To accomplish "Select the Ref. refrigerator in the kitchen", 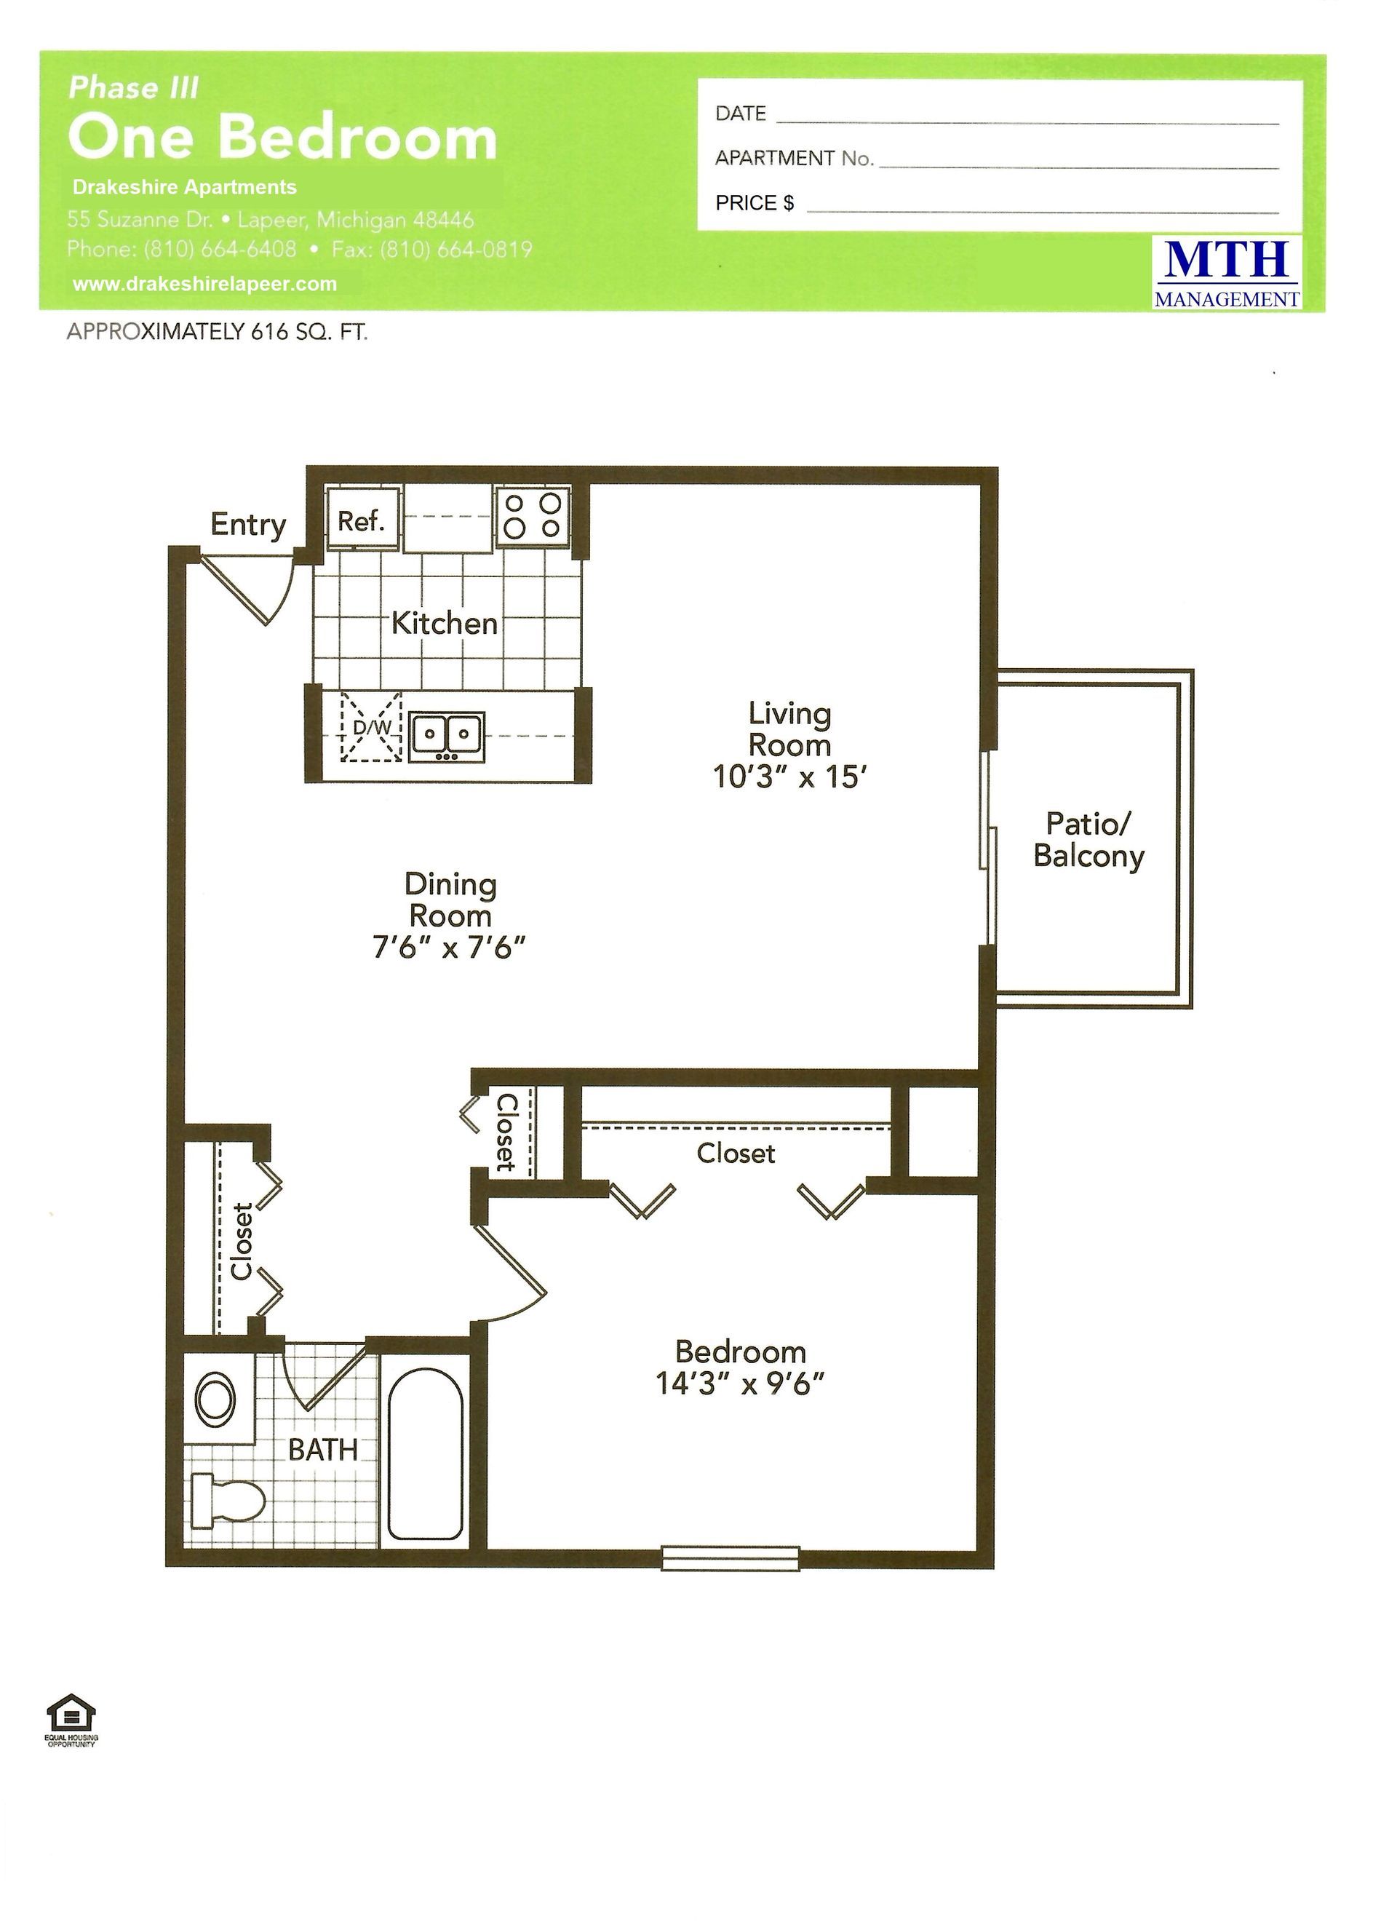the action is (x=362, y=519).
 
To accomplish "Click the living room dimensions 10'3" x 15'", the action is (x=789, y=777).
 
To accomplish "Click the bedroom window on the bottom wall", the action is (x=730, y=1557).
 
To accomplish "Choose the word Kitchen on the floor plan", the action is (x=444, y=624).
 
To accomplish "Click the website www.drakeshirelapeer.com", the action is (x=204, y=285).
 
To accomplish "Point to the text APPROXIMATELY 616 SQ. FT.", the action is (x=218, y=333).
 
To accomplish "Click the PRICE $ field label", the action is (x=755, y=203).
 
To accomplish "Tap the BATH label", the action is (x=322, y=1450).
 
